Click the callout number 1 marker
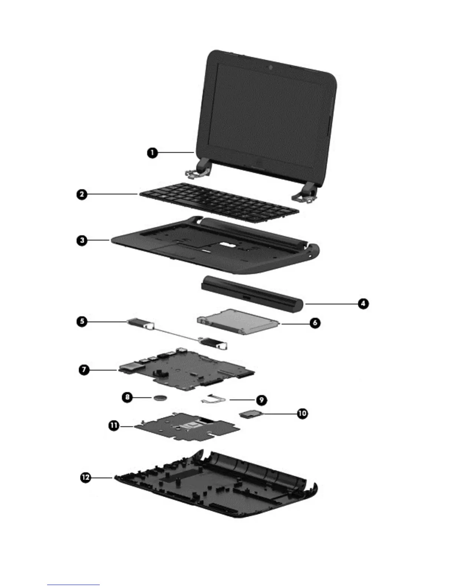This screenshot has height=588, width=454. [x=152, y=153]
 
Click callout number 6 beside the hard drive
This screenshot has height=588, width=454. [x=315, y=323]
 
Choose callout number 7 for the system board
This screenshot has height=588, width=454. [x=84, y=370]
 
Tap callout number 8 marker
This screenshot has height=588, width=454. [x=128, y=397]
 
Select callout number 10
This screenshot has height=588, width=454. [x=302, y=413]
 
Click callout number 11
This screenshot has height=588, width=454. [x=114, y=426]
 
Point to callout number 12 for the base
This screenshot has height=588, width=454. [x=86, y=477]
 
